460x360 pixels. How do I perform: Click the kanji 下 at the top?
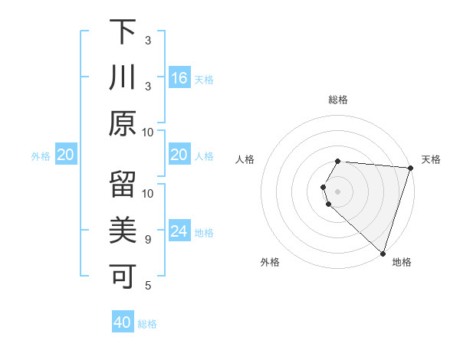(x=123, y=33)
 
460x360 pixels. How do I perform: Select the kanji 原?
(x=123, y=123)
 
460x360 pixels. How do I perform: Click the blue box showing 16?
(x=179, y=77)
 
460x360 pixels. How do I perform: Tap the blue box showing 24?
(x=179, y=231)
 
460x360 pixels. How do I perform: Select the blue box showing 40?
(x=123, y=322)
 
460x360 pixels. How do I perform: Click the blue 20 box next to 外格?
(x=66, y=155)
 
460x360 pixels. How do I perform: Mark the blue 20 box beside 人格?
(x=179, y=155)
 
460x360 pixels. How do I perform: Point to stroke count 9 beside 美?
(x=148, y=240)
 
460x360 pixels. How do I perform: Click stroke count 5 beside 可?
(x=148, y=286)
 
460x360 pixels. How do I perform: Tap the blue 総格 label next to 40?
(x=147, y=324)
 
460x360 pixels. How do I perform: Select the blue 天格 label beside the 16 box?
(x=204, y=79)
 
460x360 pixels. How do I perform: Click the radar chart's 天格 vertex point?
(x=410, y=169)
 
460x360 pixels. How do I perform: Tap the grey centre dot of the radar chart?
(x=338, y=190)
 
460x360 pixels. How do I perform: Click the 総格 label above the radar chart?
(x=338, y=100)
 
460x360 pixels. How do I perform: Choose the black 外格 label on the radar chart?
(x=270, y=263)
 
